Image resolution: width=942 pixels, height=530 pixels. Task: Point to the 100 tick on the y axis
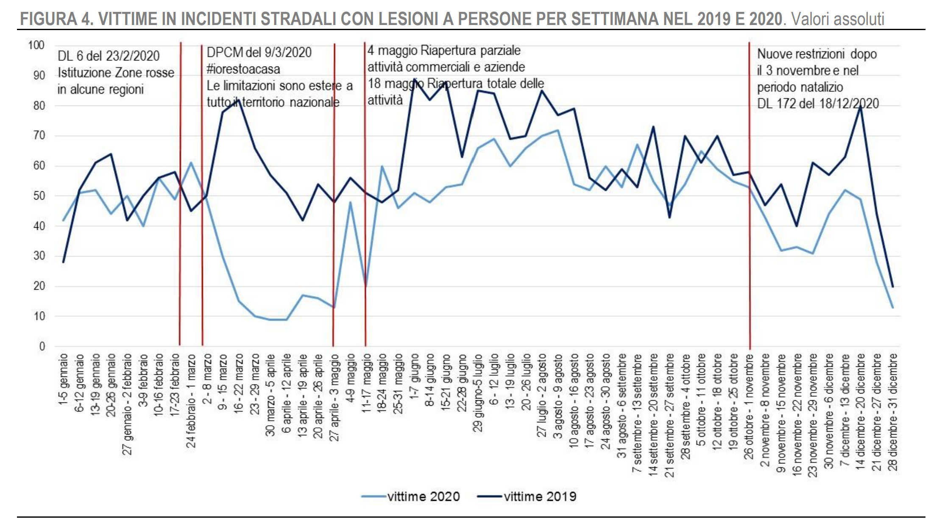[x=36, y=45]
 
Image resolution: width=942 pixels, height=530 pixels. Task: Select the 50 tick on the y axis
[x=39, y=196]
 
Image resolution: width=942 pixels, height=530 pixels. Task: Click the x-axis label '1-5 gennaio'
[x=64, y=380]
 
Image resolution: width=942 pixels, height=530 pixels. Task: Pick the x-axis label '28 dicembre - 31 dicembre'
[x=893, y=412]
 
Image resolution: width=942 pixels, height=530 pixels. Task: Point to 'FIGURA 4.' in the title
[x=56, y=19]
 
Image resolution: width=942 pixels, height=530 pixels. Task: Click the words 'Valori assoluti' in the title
[x=838, y=19]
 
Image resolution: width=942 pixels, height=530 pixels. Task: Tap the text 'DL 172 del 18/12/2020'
[x=817, y=103]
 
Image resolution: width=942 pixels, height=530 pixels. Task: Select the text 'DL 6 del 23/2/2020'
[x=109, y=56]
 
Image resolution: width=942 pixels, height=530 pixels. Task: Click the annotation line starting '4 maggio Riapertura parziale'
[x=444, y=50]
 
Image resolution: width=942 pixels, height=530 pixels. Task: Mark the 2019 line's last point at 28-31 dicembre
[x=892, y=287]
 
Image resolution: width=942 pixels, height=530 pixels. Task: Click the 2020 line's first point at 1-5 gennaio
[x=64, y=220]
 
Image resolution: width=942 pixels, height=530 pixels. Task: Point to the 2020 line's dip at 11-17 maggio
[x=366, y=286]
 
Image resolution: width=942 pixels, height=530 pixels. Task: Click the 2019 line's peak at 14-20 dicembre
[x=860, y=106]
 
